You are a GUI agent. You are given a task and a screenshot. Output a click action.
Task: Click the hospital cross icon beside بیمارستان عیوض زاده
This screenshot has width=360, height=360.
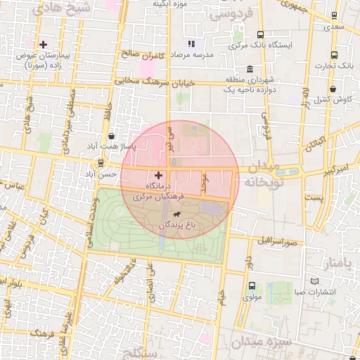click(43, 44)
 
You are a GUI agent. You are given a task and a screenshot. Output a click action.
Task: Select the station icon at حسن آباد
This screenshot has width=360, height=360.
click(101, 163)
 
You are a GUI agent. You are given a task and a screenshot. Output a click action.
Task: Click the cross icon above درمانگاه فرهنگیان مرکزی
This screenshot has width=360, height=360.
click(157, 174)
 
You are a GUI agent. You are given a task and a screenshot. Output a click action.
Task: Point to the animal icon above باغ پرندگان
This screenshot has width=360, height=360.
click(175, 214)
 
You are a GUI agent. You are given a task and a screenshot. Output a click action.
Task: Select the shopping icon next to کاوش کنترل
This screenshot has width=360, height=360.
click(332, 89)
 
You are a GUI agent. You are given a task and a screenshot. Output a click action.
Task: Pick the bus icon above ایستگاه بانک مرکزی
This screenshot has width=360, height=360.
click(261, 34)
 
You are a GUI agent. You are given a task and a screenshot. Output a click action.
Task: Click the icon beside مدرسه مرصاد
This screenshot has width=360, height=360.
click(191, 44)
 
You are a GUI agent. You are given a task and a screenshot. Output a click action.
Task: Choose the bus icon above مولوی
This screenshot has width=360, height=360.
click(252, 285)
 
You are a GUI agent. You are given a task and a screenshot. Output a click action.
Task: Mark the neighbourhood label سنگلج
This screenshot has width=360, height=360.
click(141, 352)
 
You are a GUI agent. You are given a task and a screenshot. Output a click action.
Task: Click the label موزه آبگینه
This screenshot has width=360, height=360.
click(169, 4)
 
